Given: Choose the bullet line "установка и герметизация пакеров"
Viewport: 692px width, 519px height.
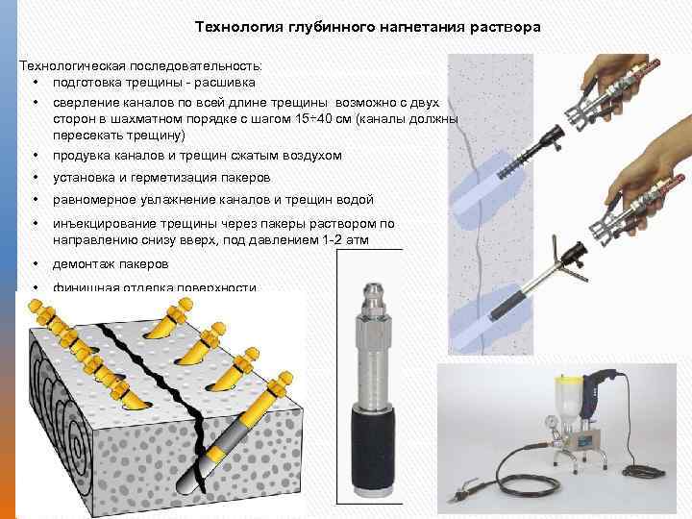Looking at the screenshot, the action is tap(161, 178).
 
